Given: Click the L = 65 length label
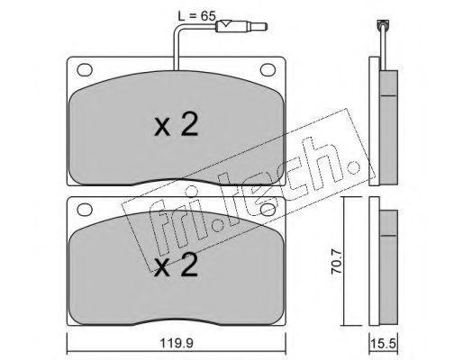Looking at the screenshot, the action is (x=196, y=16).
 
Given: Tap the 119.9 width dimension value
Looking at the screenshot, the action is (x=176, y=343).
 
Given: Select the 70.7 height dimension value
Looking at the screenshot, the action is (x=337, y=260).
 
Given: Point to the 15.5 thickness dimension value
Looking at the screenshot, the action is (x=383, y=343).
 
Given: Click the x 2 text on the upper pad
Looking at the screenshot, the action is (x=176, y=126).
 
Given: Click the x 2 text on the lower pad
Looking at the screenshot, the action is (x=176, y=265).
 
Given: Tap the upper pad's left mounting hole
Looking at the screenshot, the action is (x=85, y=70).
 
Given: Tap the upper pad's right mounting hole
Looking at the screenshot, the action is (x=268, y=70).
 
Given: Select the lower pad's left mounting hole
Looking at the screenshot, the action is (x=85, y=209).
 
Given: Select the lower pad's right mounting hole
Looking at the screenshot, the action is (x=268, y=210).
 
